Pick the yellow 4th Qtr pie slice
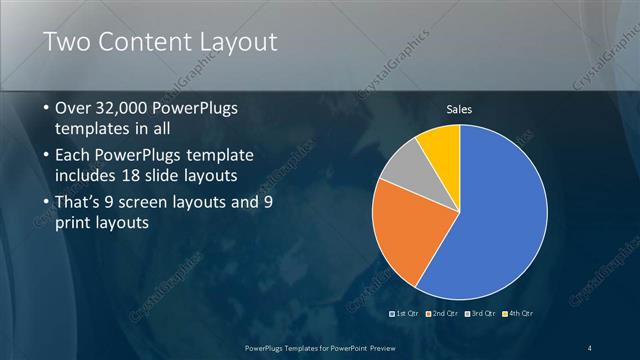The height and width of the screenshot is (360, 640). click(440, 145)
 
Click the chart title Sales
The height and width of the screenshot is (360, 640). click(459, 109)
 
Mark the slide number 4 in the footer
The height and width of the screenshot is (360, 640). click(589, 347)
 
